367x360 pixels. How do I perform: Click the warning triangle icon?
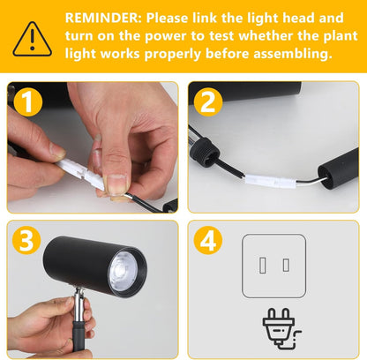click(33, 39)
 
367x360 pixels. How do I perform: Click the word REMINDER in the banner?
click(103, 18)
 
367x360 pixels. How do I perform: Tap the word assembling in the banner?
click(293, 54)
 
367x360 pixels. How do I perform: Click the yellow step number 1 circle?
click(28, 101)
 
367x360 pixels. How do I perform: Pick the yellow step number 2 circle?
click(208, 101)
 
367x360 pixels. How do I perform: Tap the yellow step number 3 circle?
click(26, 240)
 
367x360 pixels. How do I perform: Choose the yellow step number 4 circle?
click(208, 240)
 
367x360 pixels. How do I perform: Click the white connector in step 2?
click(271, 181)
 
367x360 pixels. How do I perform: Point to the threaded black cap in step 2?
click(204, 152)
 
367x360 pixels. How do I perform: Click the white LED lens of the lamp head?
click(124, 271)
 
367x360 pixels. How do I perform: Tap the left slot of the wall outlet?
click(263, 265)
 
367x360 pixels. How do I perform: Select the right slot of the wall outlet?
click(286, 265)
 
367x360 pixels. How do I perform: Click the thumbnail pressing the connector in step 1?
click(116, 184)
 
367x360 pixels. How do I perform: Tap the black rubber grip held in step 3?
click(79, 336)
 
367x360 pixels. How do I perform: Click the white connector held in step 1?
click(81, 173)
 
